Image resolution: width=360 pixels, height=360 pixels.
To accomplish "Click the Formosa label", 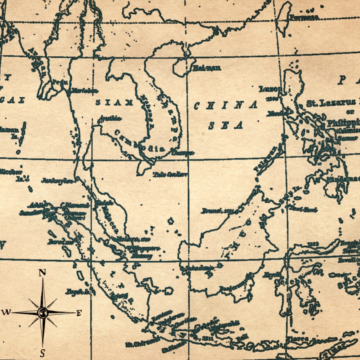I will (x=304, y=18).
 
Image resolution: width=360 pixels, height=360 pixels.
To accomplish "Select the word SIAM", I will (x=114, y=102).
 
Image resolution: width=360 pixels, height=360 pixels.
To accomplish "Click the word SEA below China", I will (x=226, y=125).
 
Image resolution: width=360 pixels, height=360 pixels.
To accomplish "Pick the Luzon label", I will (x=270, y=89).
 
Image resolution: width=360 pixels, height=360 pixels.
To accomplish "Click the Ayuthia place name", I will (x=109, y=118).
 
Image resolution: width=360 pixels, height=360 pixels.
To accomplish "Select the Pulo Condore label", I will (x=170, y=174).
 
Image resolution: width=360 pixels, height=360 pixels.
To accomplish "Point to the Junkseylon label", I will (x=57, y=181).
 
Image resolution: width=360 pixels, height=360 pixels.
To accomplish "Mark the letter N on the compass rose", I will (x=42, y=272).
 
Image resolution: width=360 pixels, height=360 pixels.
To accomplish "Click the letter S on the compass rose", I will (x=42, y=353).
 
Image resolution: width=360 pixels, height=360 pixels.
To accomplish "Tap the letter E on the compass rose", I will (x=79, y=313).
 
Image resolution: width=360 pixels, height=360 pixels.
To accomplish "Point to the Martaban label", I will (x=85, y=91).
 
